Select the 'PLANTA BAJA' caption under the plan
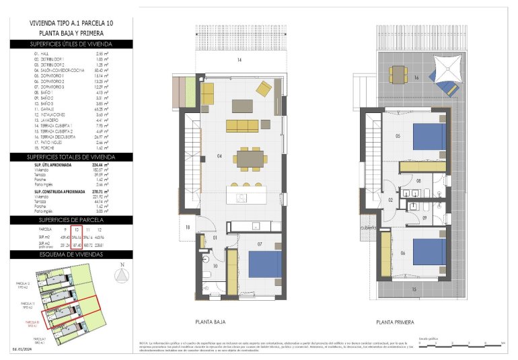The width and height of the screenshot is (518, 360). (212, 322)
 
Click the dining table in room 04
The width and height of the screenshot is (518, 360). (251, 157)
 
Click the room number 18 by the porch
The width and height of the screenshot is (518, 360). (188, 227)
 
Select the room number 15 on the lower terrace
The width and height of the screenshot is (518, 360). (414, 289)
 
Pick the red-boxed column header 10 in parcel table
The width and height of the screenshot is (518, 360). (76, 229)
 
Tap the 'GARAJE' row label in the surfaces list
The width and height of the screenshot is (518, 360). (48, 108)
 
